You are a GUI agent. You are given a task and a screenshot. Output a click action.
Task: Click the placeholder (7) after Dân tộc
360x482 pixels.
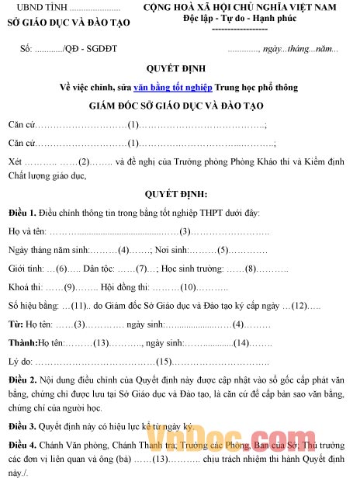point(141,269)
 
